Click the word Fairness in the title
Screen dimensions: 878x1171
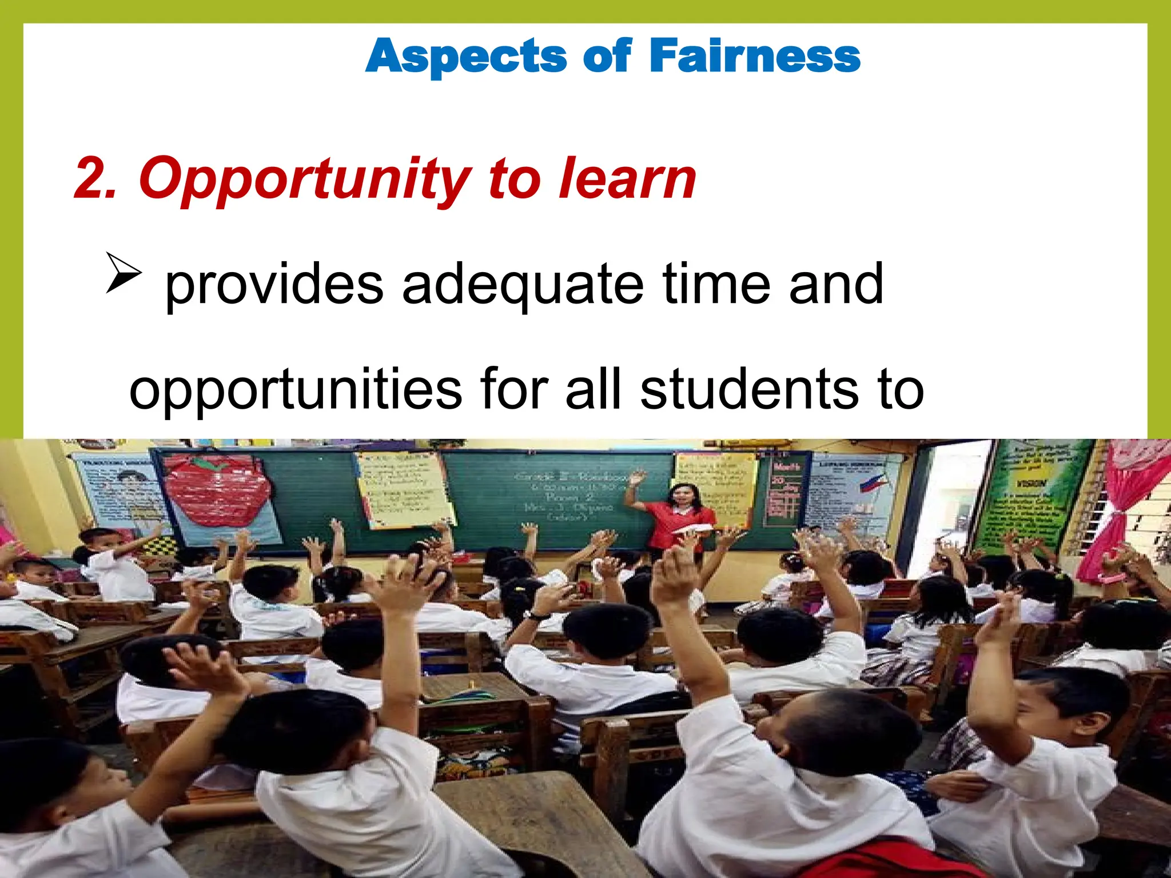[x=754, y=56]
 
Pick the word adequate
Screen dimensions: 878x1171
[x=523, y=284]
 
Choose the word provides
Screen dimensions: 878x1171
[x=274, y=284]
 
